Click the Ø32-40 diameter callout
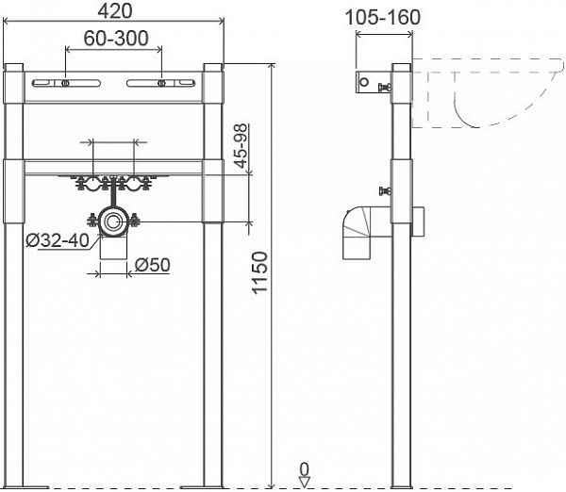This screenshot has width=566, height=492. pos(58,240)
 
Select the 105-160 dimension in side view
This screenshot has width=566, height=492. pos(382,18)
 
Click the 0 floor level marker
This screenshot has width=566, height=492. pos(304,468)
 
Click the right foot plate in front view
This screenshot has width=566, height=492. pos(214,485)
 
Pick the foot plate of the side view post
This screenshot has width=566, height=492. pos(400,485)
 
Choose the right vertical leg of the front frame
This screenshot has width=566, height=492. pos(214,330)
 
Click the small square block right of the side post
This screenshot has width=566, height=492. pos(420,223)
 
